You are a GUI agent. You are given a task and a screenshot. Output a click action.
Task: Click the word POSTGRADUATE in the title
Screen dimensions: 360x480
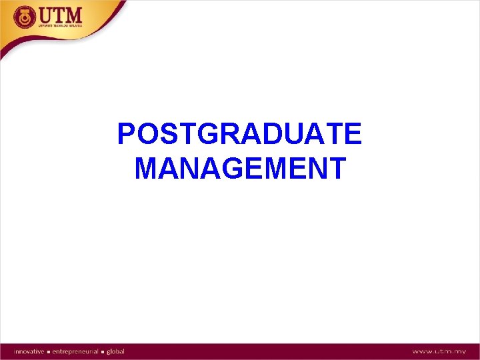(x=239, y=134)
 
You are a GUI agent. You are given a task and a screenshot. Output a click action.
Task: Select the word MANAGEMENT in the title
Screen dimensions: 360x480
(x=240, y=168)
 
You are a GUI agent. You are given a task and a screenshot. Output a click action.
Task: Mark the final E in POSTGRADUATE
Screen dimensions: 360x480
(x=352, y=134)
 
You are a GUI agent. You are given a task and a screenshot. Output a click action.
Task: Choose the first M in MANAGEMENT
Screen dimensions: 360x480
(x=147, y=168)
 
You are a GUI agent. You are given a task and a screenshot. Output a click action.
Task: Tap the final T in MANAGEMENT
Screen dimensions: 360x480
(x=336, y=168)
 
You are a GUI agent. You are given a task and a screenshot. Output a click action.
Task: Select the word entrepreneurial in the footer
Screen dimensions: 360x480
(x=74, y=351)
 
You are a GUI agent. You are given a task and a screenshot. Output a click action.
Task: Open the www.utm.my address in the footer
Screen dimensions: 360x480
(x=438, y=351)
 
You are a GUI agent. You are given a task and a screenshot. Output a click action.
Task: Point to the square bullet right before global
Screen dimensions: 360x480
(x=103, y=351)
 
